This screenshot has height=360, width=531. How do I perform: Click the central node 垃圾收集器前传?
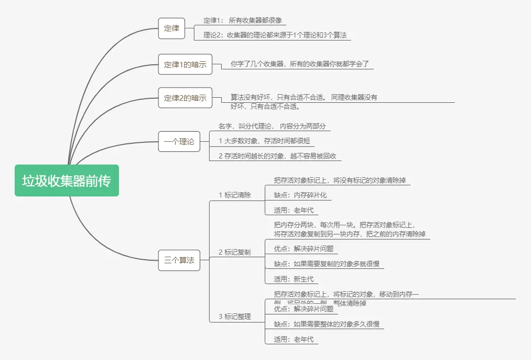click(x=66, y=180)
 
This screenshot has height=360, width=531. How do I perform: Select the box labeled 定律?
click(x=172, y=29)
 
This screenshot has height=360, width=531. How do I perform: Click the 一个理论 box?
click(x=179, y=142)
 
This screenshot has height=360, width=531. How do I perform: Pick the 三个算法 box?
click(x=179, y=260)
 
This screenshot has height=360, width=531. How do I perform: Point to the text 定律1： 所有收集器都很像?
click(x=242, y=21)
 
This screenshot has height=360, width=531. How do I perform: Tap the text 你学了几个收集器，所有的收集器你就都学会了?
click(x=300, y=64)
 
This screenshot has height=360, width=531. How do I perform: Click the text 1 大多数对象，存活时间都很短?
click(x=264, y=141)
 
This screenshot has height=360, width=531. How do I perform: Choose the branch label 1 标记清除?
click(x=234, y=195)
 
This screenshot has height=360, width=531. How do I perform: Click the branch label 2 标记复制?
click(x=234, y=252)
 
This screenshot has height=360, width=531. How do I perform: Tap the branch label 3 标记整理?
click(x=234, y=316)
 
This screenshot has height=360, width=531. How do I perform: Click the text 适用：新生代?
click(x=294, y=279)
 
